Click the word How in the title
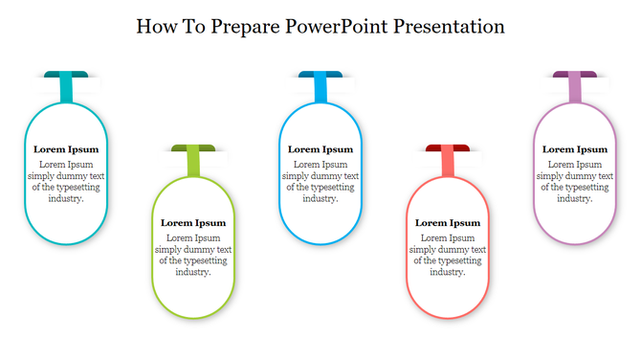pyautogui.click(x=157, y=26)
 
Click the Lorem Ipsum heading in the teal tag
pyautogui.click(x=66, y=149)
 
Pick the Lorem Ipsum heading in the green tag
pyautogui.click(x=193, y=222)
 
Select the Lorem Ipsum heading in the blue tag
pyautogui.click(x=320, y=149)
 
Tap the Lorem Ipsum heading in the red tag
pyautogui.click(x=448, y=222)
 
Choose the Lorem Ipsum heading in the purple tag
pyautogui.click(x=575, y=149)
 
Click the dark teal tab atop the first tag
pyautogui.click(x=66, y=75)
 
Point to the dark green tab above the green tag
pyautogui.click(x=193, y=147)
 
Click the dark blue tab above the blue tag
pyautogui.click(x=320, y=75)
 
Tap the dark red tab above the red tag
pyautogui.click(x=448, y=147)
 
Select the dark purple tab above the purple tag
pyautogui.click(x=575, y=75)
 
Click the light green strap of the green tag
pyautogui.click(x=193, y=164)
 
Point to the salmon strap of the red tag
pyautogui.click(x=448, y=164)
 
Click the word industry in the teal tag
pyautogui.click(x=64, y=199)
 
